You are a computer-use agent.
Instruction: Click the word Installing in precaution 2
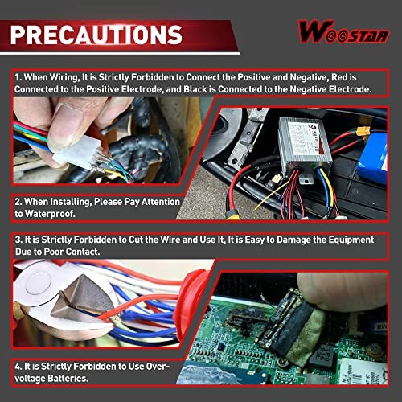tap(82, 200)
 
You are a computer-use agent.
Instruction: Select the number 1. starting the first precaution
tap(19, 74)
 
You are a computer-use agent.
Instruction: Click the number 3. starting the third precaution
tap(20, 240)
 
